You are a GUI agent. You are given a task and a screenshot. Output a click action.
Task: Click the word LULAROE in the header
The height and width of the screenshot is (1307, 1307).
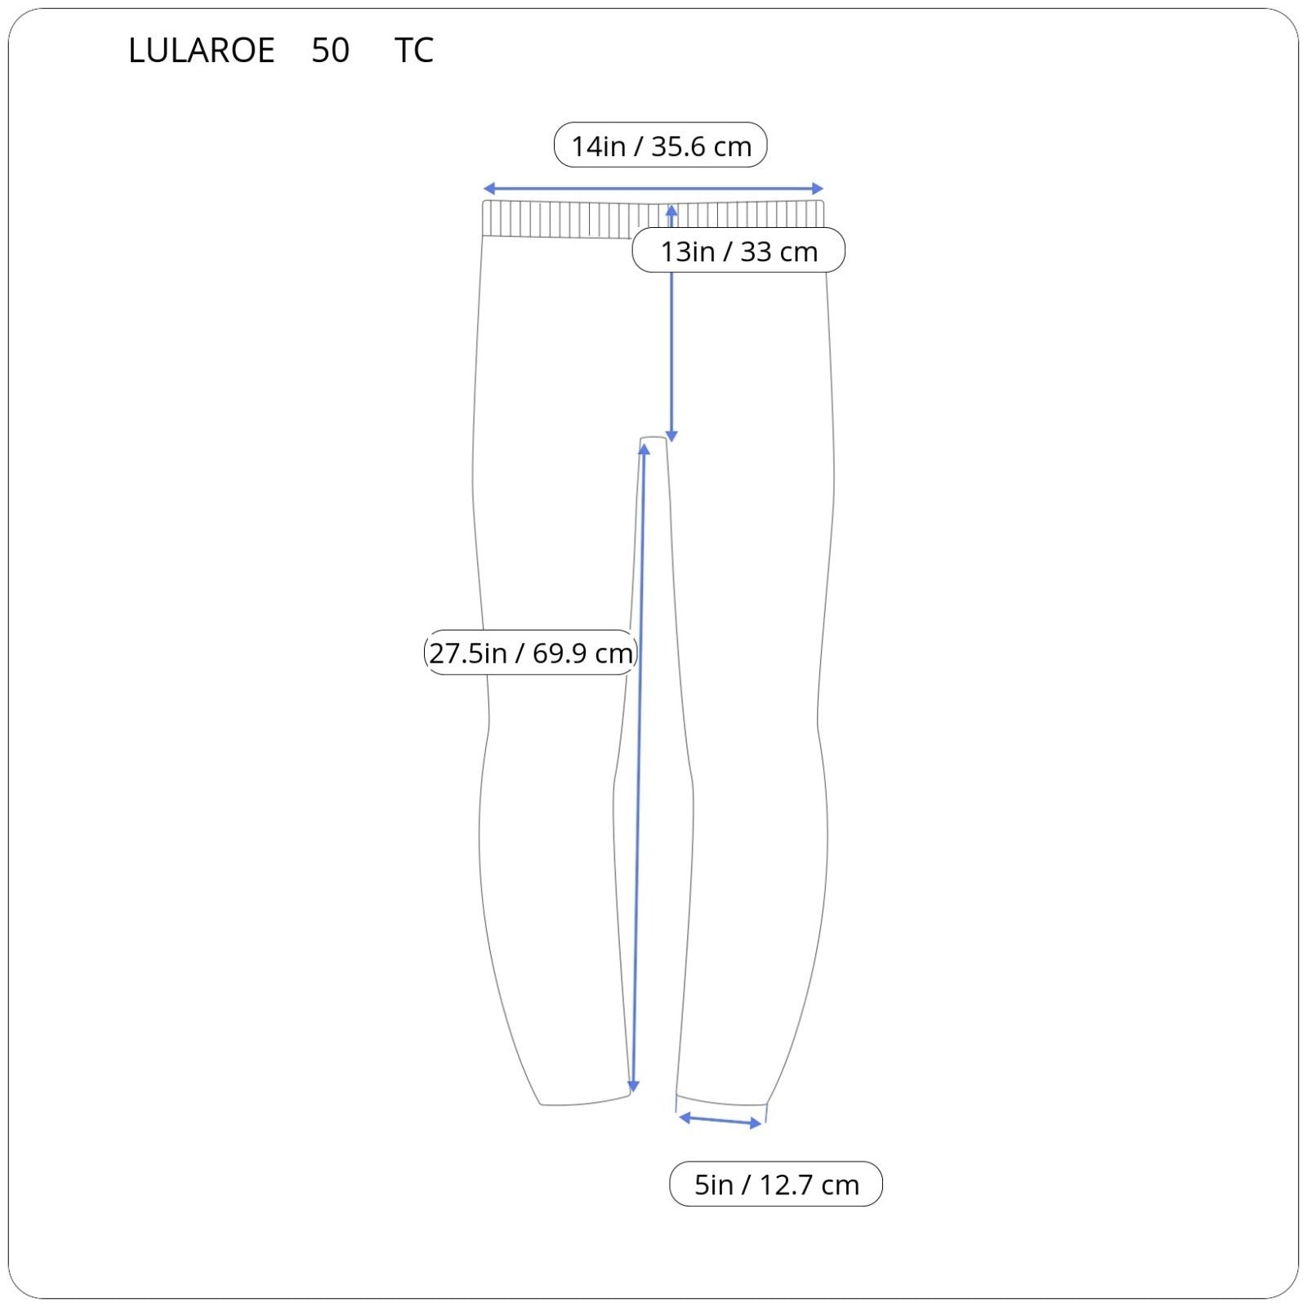(x=201, y=51)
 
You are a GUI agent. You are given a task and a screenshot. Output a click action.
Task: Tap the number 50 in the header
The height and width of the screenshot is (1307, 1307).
(x=330, y=51)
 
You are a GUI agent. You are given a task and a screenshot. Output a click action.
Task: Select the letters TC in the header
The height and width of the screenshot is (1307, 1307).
(x=413, y=51)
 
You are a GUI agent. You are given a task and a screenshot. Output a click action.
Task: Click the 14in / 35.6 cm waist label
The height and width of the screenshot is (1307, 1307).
(x=660, y=145)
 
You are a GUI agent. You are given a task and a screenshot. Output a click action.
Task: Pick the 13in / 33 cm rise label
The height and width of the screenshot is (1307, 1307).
(x=738, y=251)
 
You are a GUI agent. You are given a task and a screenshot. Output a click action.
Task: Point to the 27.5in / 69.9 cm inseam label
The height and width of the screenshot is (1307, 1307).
(x=530, y=653)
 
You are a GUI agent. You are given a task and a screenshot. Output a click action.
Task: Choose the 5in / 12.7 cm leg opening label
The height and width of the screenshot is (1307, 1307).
(x=776, y=1184)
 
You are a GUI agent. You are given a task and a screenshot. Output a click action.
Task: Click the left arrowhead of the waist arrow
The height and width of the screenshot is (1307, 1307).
(x=488, y=189)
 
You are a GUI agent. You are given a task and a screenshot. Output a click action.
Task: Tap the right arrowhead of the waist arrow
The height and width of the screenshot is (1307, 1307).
(x=819, y=189)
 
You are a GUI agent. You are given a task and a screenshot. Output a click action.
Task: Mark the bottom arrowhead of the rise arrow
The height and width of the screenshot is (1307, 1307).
(x=671, y=437)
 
